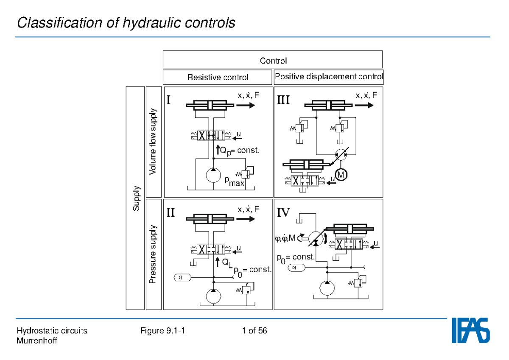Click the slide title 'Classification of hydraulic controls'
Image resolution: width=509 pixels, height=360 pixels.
[126, 22]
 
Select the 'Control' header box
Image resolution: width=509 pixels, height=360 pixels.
[273, 60]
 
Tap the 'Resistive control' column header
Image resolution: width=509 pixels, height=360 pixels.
[218, 78]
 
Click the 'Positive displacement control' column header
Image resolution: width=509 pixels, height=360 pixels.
[329, 77]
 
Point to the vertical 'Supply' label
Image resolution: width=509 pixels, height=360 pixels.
[136, 198]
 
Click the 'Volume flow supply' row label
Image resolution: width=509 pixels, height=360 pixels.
[153, 141]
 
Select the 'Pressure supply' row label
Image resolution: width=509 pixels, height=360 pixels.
[153, 254]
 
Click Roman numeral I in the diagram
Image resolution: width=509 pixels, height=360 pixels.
[169, 100]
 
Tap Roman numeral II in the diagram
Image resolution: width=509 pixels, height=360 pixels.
[170, 212]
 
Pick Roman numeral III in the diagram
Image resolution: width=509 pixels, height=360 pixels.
[283, 100]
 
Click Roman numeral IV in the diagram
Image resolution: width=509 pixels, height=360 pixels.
[283, 212]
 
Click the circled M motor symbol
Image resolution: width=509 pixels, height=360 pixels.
[341, 174]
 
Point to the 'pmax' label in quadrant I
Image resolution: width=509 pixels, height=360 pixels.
[234, 182]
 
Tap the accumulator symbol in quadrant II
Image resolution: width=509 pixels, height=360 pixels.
[182, 277]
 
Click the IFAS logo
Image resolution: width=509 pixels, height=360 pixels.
[470, 330]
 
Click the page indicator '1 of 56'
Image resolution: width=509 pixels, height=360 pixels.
[255, 331]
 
